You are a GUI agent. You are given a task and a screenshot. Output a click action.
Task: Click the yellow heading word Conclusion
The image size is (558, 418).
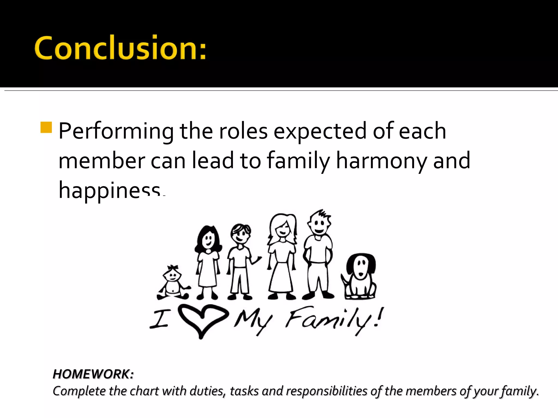pyautogui.click(x=120, y=48)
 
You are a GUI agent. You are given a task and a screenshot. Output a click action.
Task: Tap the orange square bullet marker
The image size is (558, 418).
pyautogui.click(x=46, y=127)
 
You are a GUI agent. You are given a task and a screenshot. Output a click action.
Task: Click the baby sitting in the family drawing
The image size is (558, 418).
pyautogui.click(x=173, y=284)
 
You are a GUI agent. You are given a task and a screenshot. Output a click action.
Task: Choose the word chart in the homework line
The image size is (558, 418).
pyautogui.click(x=144, y=391)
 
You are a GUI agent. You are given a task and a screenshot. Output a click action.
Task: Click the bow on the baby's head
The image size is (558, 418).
pyautogui.click(x=172, y=268)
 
